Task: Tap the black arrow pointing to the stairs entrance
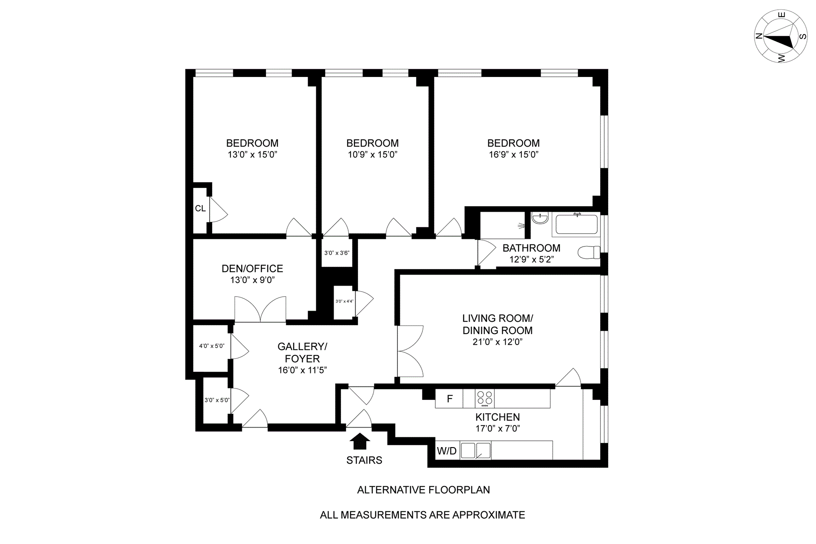(360, 441)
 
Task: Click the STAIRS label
(364, 460)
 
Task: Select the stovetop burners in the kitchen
(484, 399)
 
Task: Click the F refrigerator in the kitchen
(449, 399)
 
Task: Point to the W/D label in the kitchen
(447, 451)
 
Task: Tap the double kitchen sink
(476, 450)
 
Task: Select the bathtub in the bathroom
(577, 224)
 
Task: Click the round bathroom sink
(540, 218)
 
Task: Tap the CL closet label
(200, 209)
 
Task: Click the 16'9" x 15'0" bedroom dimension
(513, 155)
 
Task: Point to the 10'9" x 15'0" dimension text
(372, 155)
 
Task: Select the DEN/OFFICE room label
(252, 269)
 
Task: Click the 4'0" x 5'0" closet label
(212, 346)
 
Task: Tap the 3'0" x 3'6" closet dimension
(337, 253)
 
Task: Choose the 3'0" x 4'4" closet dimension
(344, 301)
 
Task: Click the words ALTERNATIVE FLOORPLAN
(423, 490)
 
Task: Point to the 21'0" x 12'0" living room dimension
(497, 342)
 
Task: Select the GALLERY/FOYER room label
(302, 352)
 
